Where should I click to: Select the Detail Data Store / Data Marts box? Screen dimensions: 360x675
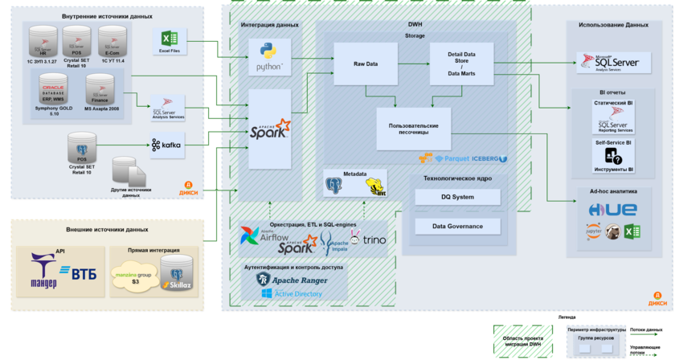(x=460, y=63)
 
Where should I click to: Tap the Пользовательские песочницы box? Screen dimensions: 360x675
(x=413, y=129)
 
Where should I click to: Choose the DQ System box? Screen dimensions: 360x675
(x=457, y=197)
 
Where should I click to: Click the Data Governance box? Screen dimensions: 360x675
(x=457, y=226)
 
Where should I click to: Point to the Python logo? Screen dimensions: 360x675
(x=268, y=57)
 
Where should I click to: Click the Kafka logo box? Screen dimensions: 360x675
(x=166, y=145)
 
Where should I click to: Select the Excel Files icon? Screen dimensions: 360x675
(x=169, y=41)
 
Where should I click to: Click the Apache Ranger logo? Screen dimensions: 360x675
(x=289, y=279)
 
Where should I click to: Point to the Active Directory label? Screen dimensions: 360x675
(x=298, y=294)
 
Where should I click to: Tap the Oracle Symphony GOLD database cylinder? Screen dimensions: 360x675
(x=53, y=92)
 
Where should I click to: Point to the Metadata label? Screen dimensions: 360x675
(x=355, y=174)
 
